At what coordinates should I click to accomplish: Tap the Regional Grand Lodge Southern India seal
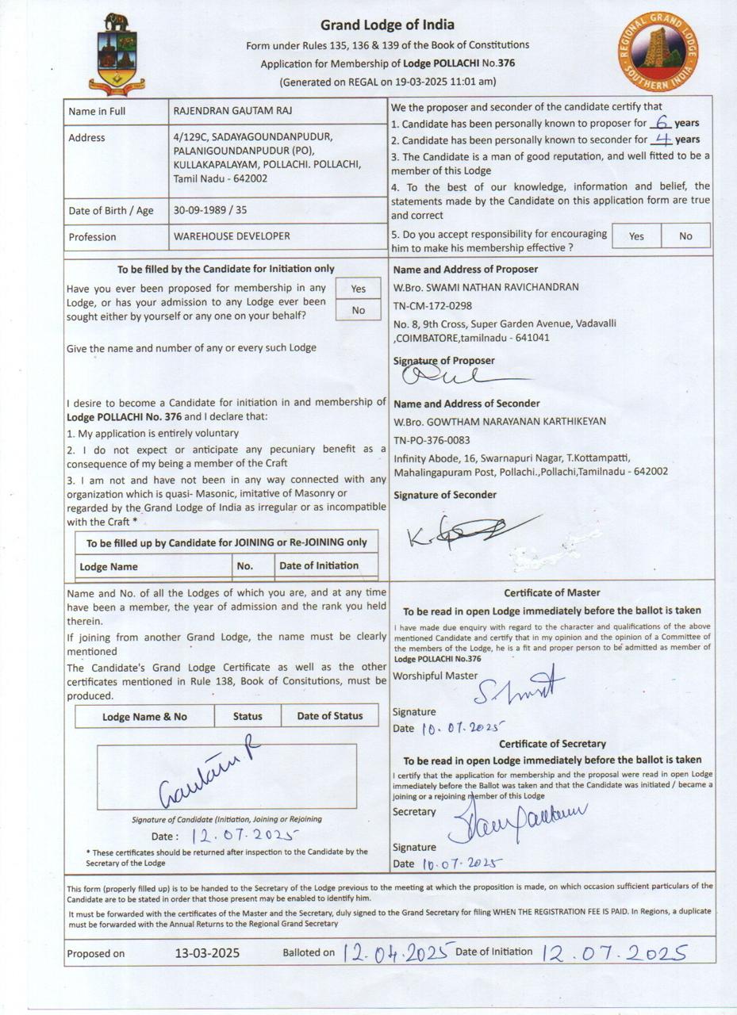[660, 52]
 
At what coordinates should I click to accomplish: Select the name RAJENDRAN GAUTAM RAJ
[232, 111]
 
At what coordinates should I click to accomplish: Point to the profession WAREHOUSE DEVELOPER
[232, 236]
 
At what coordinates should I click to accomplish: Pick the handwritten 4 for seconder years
[660, 140]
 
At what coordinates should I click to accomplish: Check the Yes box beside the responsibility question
[636, 236]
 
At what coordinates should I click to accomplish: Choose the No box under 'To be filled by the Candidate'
[359, 310]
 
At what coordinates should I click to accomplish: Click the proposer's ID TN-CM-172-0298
[432, 305]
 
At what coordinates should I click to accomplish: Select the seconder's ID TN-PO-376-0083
[432, 440]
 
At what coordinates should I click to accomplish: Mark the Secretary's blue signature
[516, 817]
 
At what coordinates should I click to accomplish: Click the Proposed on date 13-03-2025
[207, 953]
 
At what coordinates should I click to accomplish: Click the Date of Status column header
[329, 716]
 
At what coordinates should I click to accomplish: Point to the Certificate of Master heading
[552, 593]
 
